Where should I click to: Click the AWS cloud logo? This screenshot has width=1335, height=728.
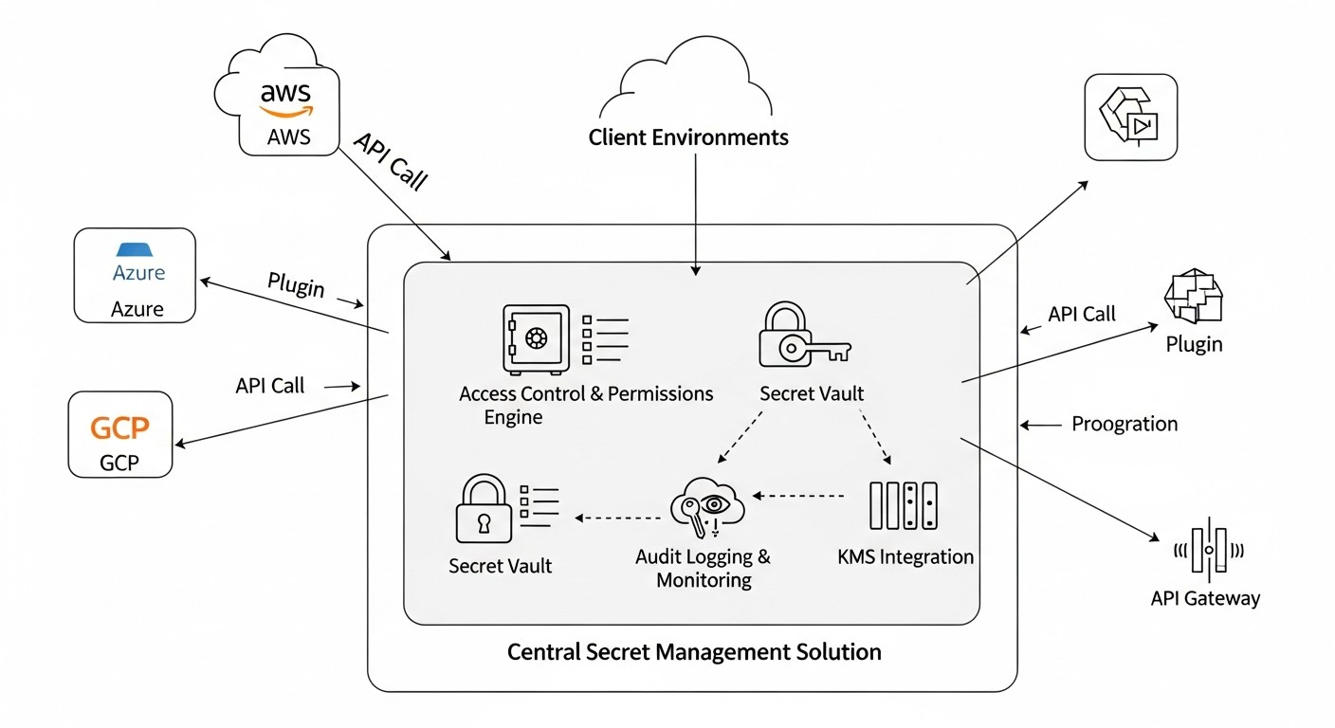click(285, 99)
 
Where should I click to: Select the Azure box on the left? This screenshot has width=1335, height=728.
click(135, 275)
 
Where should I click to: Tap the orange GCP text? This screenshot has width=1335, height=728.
click(119, 428)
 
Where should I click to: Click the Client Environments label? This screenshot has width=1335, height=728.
click(688, 137)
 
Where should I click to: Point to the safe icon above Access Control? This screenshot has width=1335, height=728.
click(536, 340)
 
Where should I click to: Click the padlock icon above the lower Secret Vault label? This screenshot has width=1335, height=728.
click(485, 510)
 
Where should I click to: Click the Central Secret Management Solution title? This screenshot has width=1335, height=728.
click(694, 652)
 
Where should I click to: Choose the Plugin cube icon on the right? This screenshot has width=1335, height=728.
click(1194, 296)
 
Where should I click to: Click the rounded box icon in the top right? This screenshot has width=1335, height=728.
click(1130, 117)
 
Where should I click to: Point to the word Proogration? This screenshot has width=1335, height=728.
click(1125, 424)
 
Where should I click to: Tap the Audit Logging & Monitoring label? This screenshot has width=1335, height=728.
click(703, 568)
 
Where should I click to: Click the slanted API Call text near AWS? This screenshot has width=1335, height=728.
click(391, 161)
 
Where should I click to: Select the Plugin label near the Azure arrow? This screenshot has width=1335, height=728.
click(296, 284)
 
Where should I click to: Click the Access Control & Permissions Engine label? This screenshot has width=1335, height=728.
click(585, 405)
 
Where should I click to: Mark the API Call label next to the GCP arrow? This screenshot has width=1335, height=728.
click(270, 386)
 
